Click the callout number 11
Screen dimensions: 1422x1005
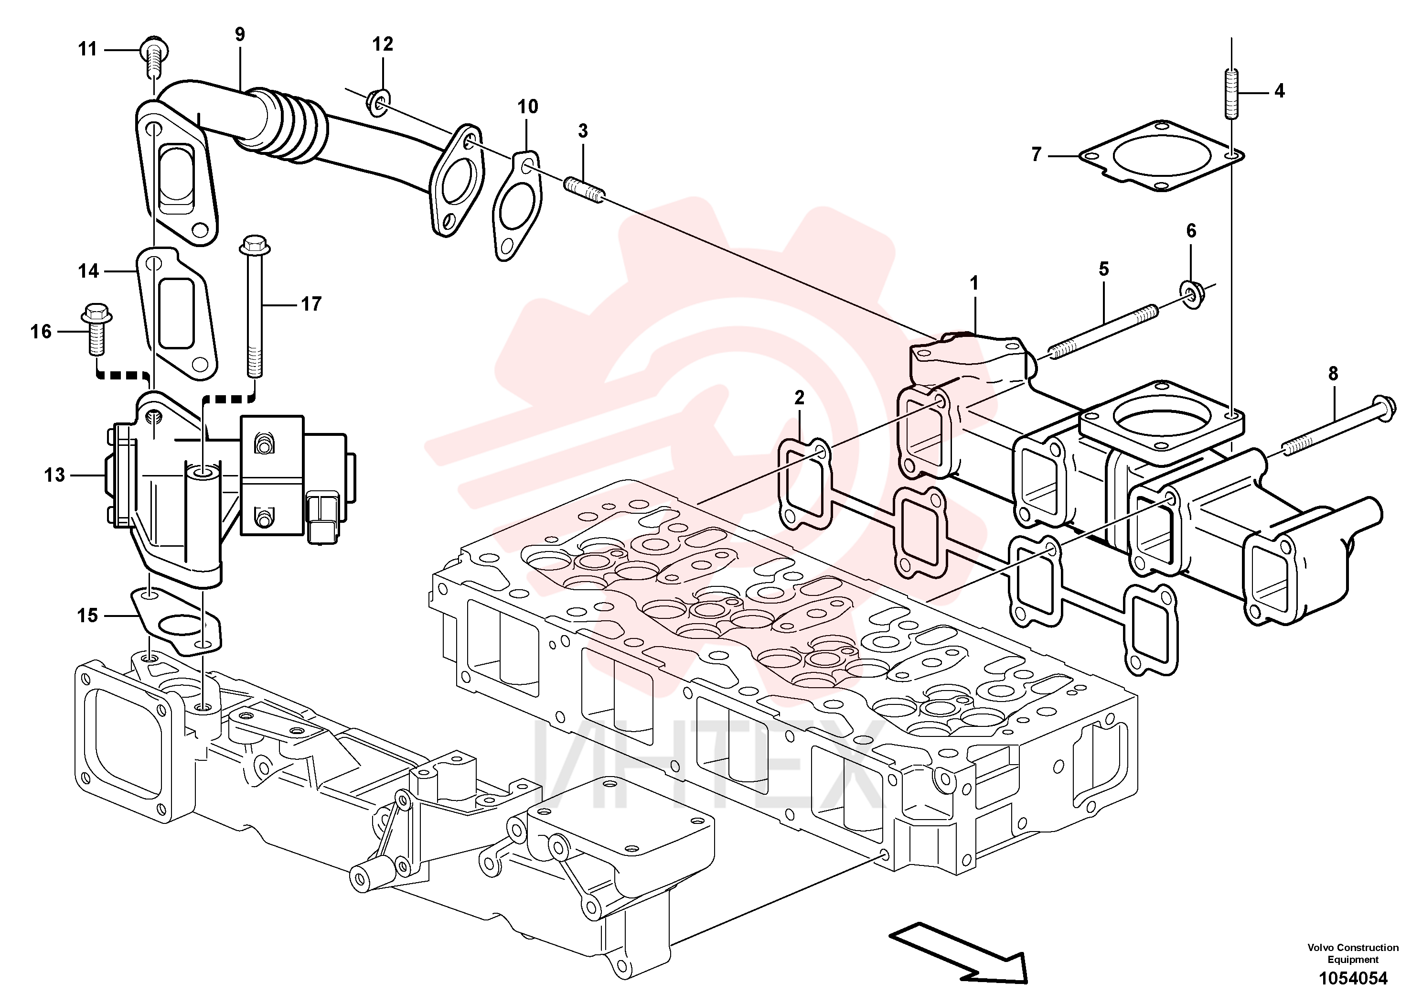click(87, 48)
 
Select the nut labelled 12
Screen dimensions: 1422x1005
click(378, 102)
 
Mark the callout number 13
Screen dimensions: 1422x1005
click(54, 475)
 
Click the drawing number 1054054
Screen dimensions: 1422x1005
click(1353, 978)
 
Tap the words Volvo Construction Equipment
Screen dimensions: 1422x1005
click(1353, 953)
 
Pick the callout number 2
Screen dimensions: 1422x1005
click(799, 398)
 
